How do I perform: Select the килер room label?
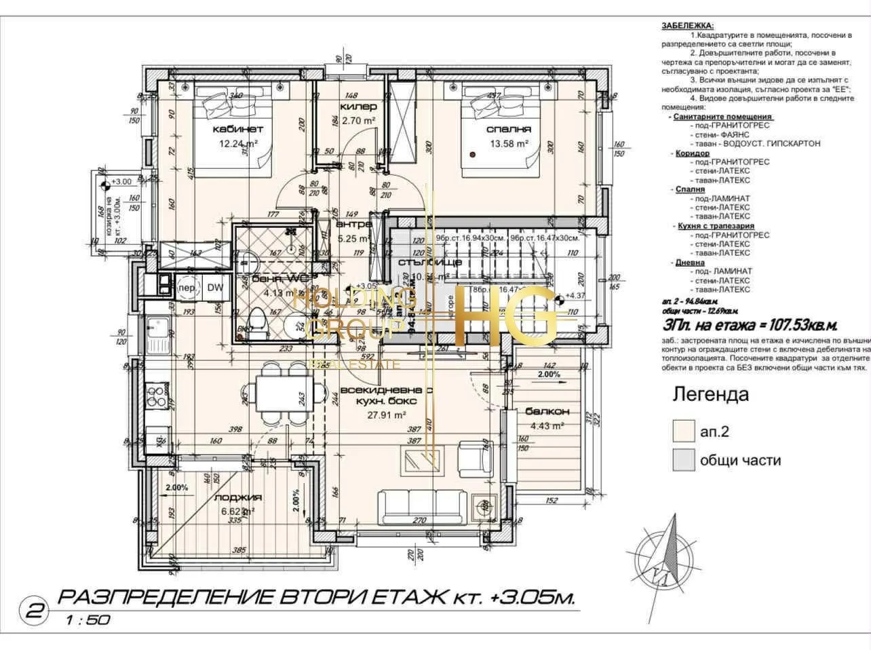coord(358,107)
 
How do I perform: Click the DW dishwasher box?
coord(215,288)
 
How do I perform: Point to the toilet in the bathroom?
coord(258,322)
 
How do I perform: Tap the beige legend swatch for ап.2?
coord(682,431)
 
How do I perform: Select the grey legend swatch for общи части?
coord(682,460)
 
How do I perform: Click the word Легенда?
coord(710,394)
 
